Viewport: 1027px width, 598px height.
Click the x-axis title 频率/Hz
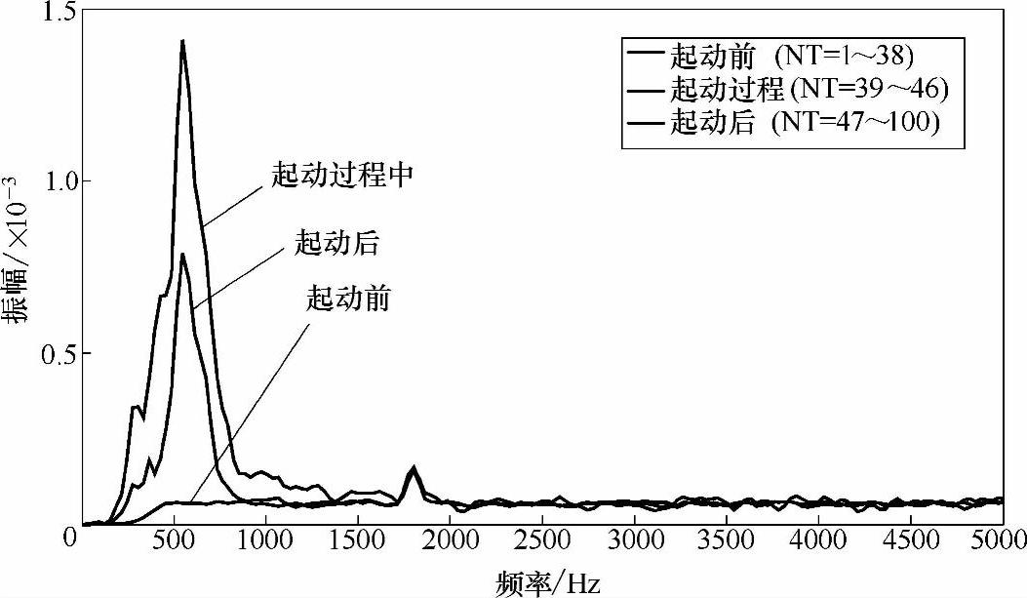pos(546,581)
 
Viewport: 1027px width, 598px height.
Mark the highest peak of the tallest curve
pos(181,41)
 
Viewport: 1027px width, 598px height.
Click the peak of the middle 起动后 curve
pos(181,255)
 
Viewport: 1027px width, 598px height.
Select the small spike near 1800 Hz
pos(414,469)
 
